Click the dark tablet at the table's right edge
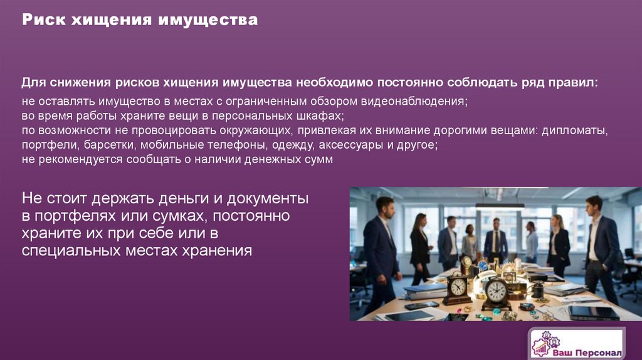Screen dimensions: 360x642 592,312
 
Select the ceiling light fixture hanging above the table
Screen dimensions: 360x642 499,204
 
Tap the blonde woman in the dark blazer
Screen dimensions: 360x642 557,241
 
